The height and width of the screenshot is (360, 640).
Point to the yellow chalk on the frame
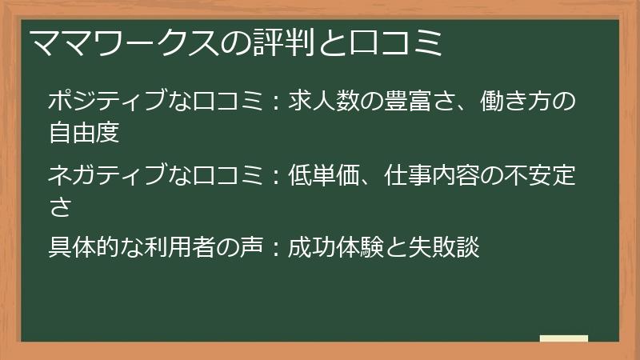click(563, 338)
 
